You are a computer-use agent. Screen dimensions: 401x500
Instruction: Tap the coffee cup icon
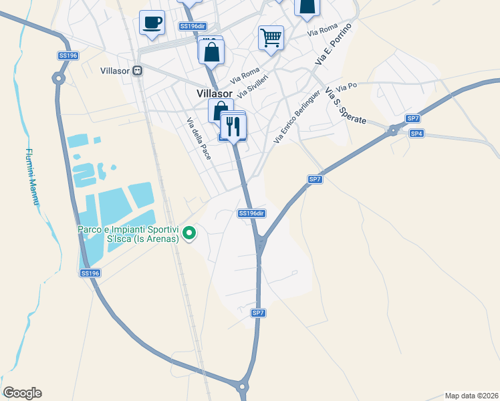[x=152, y=23]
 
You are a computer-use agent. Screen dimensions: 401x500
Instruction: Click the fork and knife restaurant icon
[x=233, y=126]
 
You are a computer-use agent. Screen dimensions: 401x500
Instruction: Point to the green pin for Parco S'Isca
[x=190, y=233]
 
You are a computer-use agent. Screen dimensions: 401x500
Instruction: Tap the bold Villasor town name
[x=215, y=95]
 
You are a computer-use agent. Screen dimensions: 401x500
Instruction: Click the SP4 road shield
[x=416, y=134]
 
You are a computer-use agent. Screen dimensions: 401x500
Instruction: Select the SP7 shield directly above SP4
[x=413, y=119]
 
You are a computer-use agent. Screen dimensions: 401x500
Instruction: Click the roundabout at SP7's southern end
[x=242, y=386]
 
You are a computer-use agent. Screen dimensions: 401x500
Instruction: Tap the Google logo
[x=22, y=393]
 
